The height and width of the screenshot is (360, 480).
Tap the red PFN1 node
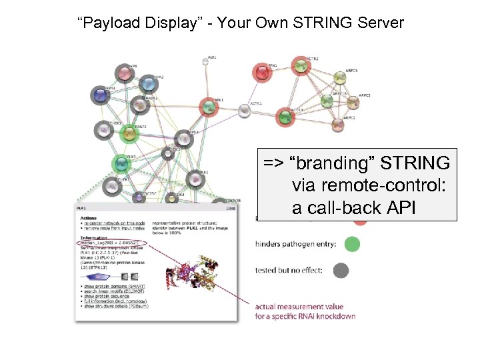[262, 72]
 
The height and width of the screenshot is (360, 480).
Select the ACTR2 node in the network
[301, 65]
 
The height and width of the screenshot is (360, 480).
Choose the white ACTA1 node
[245, 109]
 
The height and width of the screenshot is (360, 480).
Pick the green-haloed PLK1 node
[121, 163]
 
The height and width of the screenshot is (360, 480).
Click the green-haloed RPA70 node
[129, 133]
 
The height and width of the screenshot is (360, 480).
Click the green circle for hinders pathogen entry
[353, 244]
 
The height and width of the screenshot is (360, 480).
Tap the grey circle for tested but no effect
[341, 270]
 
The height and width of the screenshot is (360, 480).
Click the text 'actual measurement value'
[294, 307]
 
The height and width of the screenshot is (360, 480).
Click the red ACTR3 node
[285, 117]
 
